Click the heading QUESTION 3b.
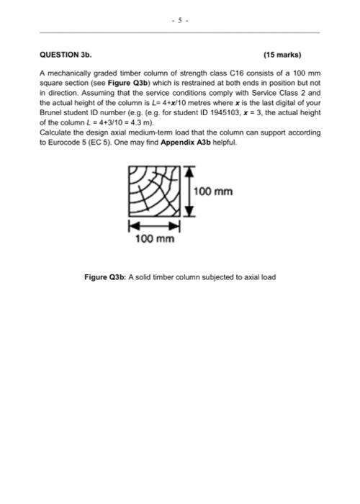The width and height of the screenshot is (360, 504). (66, 53)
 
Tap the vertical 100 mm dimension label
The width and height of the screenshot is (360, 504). (213, 192)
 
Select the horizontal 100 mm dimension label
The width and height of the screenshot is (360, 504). (155, 239)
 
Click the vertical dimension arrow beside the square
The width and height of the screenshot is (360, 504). (189, 191)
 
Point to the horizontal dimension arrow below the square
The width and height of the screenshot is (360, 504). (154, 225)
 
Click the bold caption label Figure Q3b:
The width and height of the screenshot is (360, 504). (105, 277)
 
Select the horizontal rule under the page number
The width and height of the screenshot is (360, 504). (180, 32)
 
